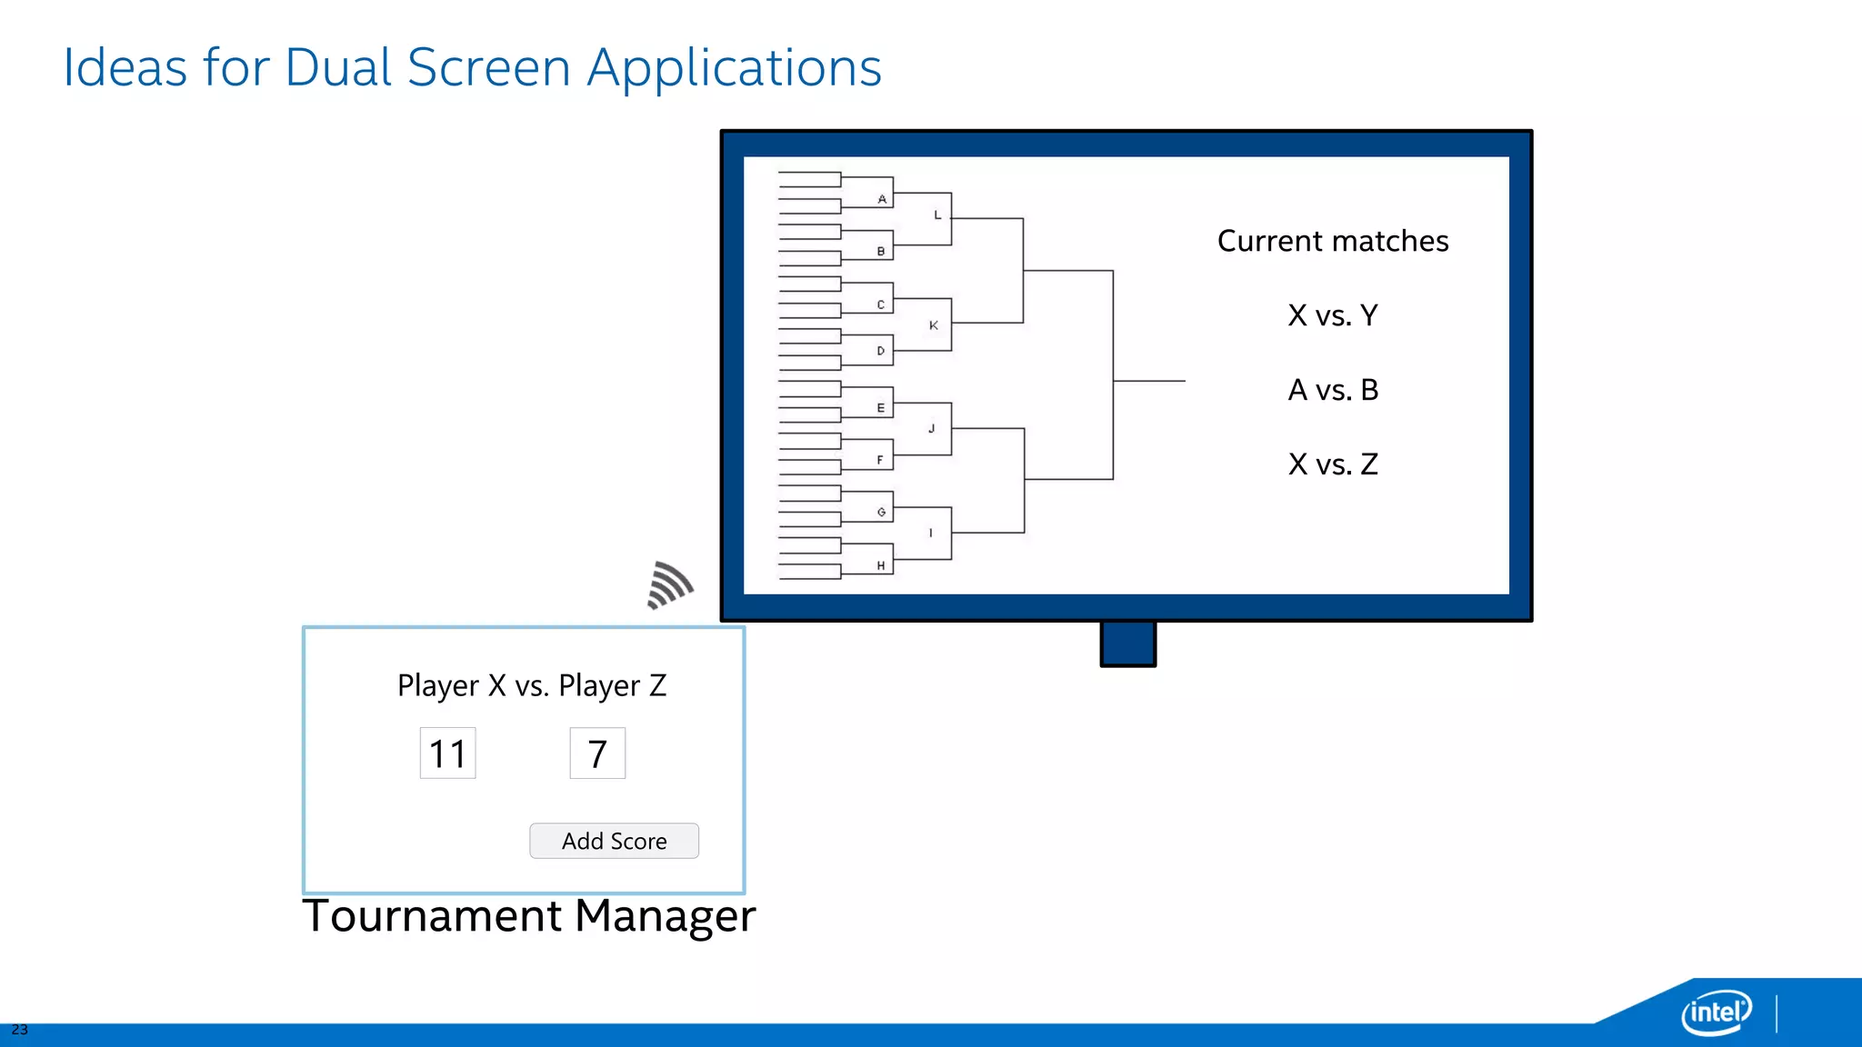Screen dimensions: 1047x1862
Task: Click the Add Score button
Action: tap(614, 841)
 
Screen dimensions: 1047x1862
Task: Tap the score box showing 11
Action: tap(447, 753)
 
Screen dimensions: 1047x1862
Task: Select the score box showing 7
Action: tap(597, 753)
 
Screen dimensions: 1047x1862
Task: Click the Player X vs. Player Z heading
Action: tap(532, 685)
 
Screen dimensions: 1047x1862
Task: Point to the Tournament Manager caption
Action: tap(528, 915)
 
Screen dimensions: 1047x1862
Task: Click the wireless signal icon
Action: tap(670, 585)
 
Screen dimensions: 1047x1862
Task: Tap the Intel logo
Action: tap(1717, 1012)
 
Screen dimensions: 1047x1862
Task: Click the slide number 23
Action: tap(19, 1030)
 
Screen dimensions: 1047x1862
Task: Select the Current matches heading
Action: tap(1333, 241)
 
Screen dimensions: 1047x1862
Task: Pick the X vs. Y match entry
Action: tap(1333, 315)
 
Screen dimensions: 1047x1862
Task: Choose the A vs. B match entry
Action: tap(1333, 390)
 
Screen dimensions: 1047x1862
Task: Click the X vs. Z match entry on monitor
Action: tap(1333, 464)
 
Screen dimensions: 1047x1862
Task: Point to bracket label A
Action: tap(882, 199)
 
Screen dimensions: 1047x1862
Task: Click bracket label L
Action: tap(937, 215)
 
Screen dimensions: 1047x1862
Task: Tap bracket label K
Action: tap(934, 325)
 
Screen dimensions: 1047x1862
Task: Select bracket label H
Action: tap(880, 565)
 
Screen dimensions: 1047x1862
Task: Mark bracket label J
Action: tap(931, 428)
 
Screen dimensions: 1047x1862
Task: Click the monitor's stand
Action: tap(1127, 643)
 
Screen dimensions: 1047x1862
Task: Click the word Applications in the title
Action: tap(735, 68)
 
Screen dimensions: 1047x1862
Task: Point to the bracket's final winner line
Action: tap(1149, 381)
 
